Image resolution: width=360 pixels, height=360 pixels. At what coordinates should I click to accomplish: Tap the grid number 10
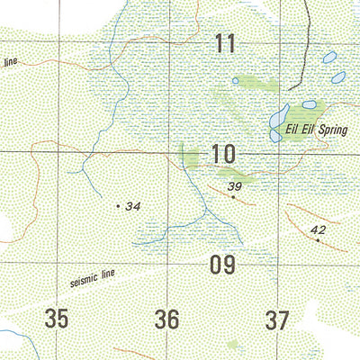click(224, 155)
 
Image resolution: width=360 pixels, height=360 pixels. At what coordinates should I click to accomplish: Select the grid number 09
click(221, 265)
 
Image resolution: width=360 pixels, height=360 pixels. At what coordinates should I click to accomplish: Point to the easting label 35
click(57, 319)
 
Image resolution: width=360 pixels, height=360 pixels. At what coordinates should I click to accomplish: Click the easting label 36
click(167, 319)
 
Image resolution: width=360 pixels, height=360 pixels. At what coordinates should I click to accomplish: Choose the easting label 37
click(277, 319)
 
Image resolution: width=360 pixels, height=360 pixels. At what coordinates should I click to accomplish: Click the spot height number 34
click(133, 207)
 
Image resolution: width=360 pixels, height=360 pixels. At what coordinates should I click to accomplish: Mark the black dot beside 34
click(118, 206)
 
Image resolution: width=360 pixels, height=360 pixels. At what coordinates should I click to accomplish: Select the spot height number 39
click(236, 187)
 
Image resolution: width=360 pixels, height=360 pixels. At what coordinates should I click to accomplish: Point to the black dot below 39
click(232, 198)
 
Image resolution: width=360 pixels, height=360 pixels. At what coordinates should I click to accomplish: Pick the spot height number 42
click(317, 230)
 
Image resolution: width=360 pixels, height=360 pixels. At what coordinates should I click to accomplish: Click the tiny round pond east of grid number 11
click(236, 81)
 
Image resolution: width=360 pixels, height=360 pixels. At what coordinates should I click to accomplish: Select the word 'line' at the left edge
click(11, 63)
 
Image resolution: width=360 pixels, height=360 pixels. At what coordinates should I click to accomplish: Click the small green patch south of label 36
click(232, 346)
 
